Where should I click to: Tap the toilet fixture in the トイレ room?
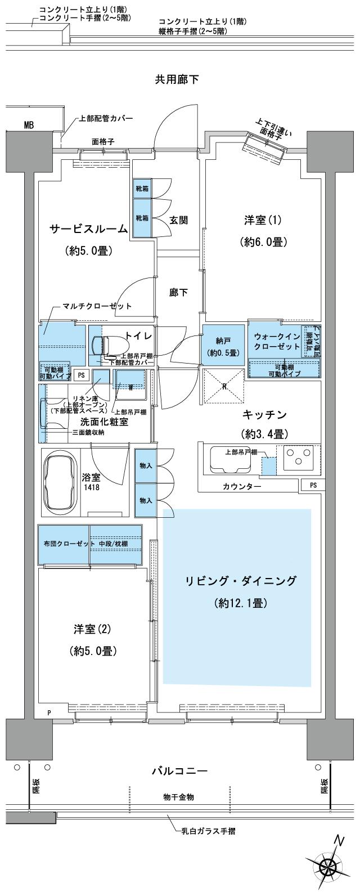pyautogui.click(x=110, y=344)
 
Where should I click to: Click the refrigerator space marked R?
pyautogui.click(x=223, y=386)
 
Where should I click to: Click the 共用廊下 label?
pyautogui.click(x=177, y=79)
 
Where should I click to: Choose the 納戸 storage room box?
pyautogui.click(x=223, y=344)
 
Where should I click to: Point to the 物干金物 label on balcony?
pyautogui.click(x=179, y=798)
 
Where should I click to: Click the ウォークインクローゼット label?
pyautogui.click(x=273, y=341)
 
